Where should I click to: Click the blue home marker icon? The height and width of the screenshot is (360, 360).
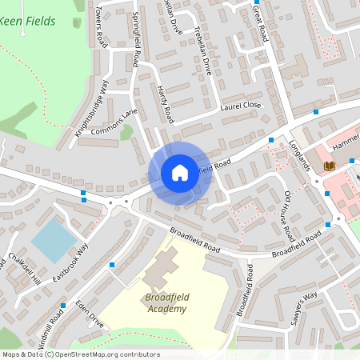click(x=180, y=172)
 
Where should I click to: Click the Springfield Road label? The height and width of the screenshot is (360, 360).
click(x=136, y=43)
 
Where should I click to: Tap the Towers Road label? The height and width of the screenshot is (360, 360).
click(x=101, y=25)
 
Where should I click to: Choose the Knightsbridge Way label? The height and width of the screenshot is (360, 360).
click(x=91, y=109)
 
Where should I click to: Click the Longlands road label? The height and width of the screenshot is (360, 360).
click(x=300, y=153)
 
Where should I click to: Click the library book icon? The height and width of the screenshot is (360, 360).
click(x=329, y=166)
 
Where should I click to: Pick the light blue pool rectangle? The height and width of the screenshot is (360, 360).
click(x=54, y=241)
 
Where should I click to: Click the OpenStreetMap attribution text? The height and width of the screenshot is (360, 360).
click(x=80, y=354)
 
